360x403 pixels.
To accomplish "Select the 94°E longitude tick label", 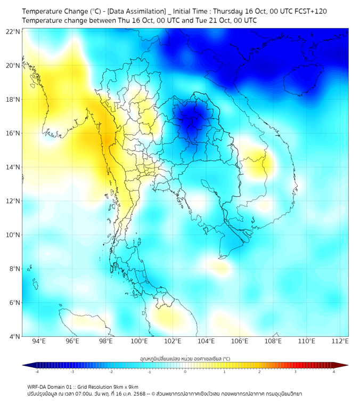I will pos(39,342).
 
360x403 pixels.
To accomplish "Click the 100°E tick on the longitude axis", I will pos(139,342).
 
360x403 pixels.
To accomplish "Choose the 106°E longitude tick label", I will pos(240,342).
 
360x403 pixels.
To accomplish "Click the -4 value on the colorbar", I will pos(36,372).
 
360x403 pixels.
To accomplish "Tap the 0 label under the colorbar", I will pos(185,372).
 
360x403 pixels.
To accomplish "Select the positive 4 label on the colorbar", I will pos(334,372).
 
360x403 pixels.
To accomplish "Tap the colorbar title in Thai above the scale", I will pos(185,359).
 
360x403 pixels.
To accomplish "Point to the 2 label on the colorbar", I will pos(259,372).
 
